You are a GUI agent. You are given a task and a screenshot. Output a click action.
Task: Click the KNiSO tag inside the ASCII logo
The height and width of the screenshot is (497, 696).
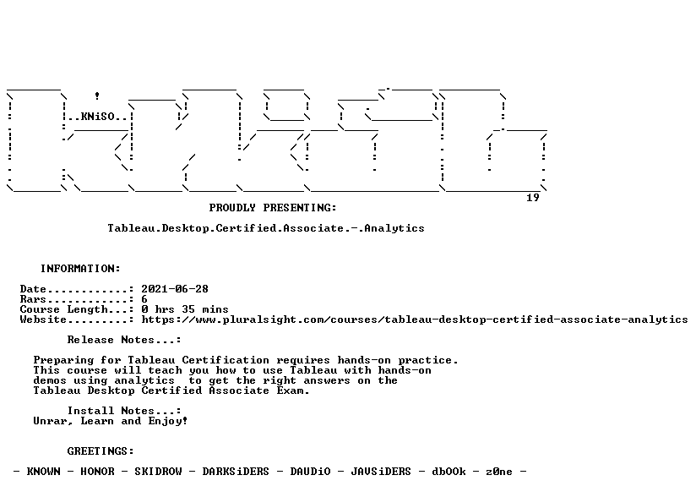pos(98,117)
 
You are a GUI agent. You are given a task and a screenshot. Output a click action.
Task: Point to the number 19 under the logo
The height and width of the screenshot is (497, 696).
pos(533,198)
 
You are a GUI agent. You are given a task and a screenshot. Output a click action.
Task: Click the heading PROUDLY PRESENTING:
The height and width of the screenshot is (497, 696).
pos(273,208)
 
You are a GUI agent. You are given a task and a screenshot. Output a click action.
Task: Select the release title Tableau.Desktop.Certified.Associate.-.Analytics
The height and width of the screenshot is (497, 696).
pos(266,228)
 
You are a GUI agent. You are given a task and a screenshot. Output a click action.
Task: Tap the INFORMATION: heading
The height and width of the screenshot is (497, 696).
pos(80,269)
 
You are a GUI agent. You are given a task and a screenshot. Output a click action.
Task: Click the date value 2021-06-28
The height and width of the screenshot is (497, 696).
pos(175,289)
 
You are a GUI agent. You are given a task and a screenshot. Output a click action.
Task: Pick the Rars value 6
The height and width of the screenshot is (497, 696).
pos(144,299)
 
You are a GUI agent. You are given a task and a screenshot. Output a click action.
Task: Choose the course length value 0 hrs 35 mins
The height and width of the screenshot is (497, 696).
pos(185,309)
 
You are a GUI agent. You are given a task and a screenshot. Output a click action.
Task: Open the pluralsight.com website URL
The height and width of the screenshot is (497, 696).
pos(415,319)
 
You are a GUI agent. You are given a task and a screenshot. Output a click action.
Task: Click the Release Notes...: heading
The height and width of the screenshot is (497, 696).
pos(124,340)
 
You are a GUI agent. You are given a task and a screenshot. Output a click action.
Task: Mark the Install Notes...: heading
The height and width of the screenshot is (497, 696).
pos(124,411)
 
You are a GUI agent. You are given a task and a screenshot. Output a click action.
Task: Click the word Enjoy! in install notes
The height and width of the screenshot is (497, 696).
pos(168,421)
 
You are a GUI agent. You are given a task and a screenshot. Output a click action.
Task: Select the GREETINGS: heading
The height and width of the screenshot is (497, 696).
pos(101,451)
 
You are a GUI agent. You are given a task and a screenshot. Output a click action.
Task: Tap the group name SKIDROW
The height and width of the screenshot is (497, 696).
pos(159,472)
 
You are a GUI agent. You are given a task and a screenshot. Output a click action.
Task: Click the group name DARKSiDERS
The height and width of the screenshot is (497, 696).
pos(236,472)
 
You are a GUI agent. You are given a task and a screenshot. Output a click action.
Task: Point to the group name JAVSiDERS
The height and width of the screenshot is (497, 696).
pos(381,472)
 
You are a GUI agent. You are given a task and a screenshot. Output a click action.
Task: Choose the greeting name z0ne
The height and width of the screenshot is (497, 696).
pos(499,472)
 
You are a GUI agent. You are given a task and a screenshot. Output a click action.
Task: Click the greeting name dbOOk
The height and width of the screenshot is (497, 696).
pos(449,472)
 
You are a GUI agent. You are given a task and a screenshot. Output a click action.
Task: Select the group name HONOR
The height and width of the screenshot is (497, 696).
pos(97,472)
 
